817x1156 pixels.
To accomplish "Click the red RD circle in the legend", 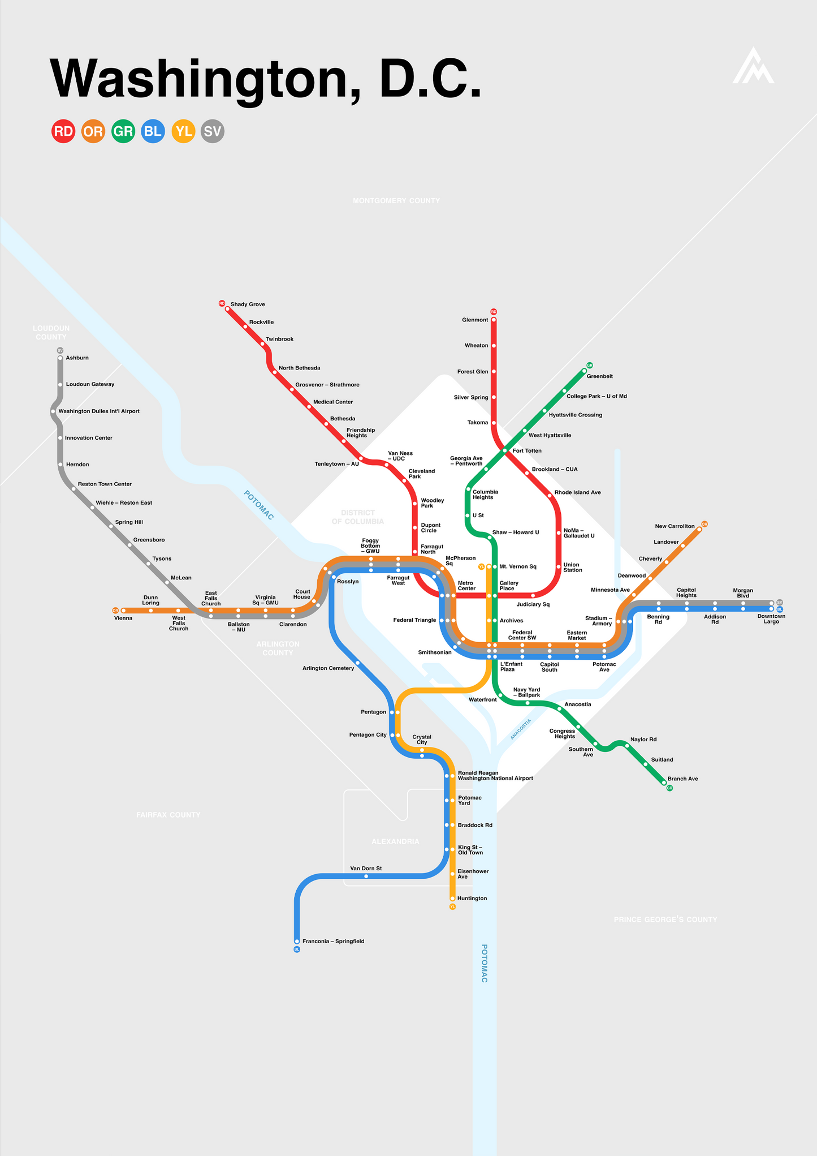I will point(63,131).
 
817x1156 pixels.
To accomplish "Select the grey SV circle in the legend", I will point(213,131).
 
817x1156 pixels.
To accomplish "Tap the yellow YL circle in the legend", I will point(183,131).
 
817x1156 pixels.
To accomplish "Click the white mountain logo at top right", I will point(753,67).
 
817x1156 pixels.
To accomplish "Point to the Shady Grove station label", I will point(248,304).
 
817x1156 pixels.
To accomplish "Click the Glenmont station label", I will point(475,320).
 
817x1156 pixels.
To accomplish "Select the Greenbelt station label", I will point(600,376).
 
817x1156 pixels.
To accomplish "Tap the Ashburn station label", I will point(77,358).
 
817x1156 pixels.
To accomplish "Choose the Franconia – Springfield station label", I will point(333,942).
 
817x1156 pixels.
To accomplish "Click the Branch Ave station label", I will point(682,779).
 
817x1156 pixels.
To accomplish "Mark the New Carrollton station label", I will point(675,526).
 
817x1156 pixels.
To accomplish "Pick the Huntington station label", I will point(472,899).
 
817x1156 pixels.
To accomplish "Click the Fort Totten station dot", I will point(505,451).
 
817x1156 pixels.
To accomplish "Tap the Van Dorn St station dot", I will point(366,876).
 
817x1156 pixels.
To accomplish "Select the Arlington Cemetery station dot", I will point(357,663).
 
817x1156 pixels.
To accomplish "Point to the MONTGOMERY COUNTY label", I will point(396,201).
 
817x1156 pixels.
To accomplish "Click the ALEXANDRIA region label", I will point(395,841).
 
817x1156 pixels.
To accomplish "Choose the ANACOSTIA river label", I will point(521,729).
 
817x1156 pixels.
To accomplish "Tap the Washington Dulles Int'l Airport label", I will point(99,411).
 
